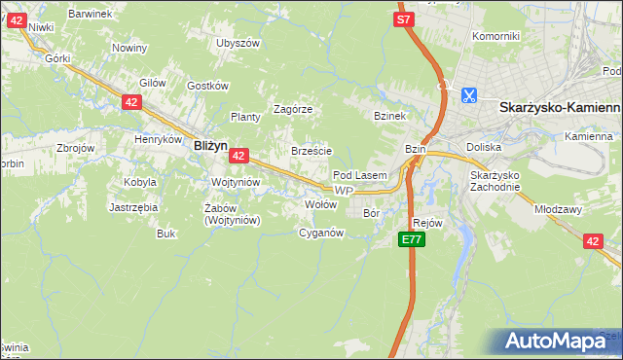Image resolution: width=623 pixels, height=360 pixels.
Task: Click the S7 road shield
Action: pyautogui.click(x=405, y=18)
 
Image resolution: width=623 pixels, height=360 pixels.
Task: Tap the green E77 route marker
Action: pyautogui.click(x=411, y=239)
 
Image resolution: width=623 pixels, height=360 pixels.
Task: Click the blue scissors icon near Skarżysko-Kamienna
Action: pyautogui.click(x=468, y=94)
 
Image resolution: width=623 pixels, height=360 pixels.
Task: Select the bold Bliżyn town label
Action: pyautogui.click(x=210, y=145)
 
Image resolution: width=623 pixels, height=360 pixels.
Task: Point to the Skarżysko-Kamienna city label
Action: pyautogui.click(x=559, y=109)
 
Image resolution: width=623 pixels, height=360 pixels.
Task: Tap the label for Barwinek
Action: pyautogui.click(x=92, y=15)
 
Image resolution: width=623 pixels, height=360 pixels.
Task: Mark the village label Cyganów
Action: pyautogui.click(x=321, y=233)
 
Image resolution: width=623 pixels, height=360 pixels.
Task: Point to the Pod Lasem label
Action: pyautogui.click(x=360, y=175)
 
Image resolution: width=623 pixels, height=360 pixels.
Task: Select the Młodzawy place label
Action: pyautogui.click(x=557, y=208)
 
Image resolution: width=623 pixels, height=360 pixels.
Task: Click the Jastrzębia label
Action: pyautogui.click(x=133, y=207)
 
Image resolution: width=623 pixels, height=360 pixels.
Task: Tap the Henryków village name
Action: pyautogui.click(x=159, y=139)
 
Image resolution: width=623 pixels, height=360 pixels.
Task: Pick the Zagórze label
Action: pyautogui.click(x=292, y=109)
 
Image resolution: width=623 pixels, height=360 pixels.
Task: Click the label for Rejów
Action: pyautogui.click(x=427, y=223)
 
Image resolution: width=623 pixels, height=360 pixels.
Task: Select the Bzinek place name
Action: pyautogui.click(x=389, y=116)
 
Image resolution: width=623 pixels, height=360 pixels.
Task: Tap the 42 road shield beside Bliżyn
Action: pyautogui.click(x=239, y=155)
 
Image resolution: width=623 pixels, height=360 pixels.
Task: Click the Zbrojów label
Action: pyautogui.click(x=75, y=148)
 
